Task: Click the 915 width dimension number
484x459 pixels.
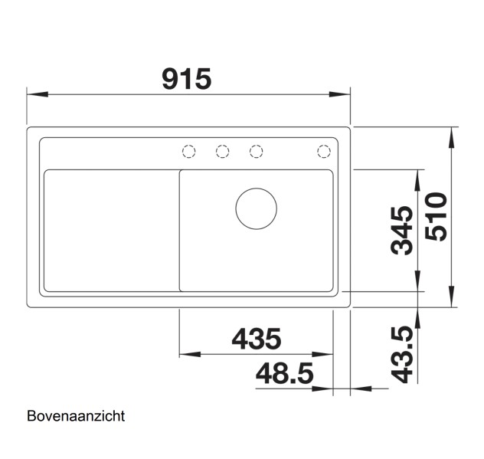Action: click(x=186, y=78)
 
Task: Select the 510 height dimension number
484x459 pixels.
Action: click(x=436, y=218)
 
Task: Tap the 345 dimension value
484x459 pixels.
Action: click(x=402, y=230)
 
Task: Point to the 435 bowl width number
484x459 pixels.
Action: click(x=256, y=338)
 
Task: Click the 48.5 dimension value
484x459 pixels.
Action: click(x=284, y=374)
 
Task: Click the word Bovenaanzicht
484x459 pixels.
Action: click(x=75, y=417)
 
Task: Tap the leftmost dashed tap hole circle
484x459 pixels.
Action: click(x=188, y=151)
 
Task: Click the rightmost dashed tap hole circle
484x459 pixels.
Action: click(x=324, y=151)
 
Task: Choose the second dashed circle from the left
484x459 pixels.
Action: click(x=222, y=151)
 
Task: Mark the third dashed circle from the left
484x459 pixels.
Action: click(x=257, y=151)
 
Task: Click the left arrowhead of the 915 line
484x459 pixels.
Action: click(x=35, y=95)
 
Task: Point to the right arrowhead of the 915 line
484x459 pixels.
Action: click(x=342, y=95)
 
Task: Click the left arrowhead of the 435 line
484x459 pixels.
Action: click(x=187, y=355)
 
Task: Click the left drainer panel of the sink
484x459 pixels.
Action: click(x=111, y=230)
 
